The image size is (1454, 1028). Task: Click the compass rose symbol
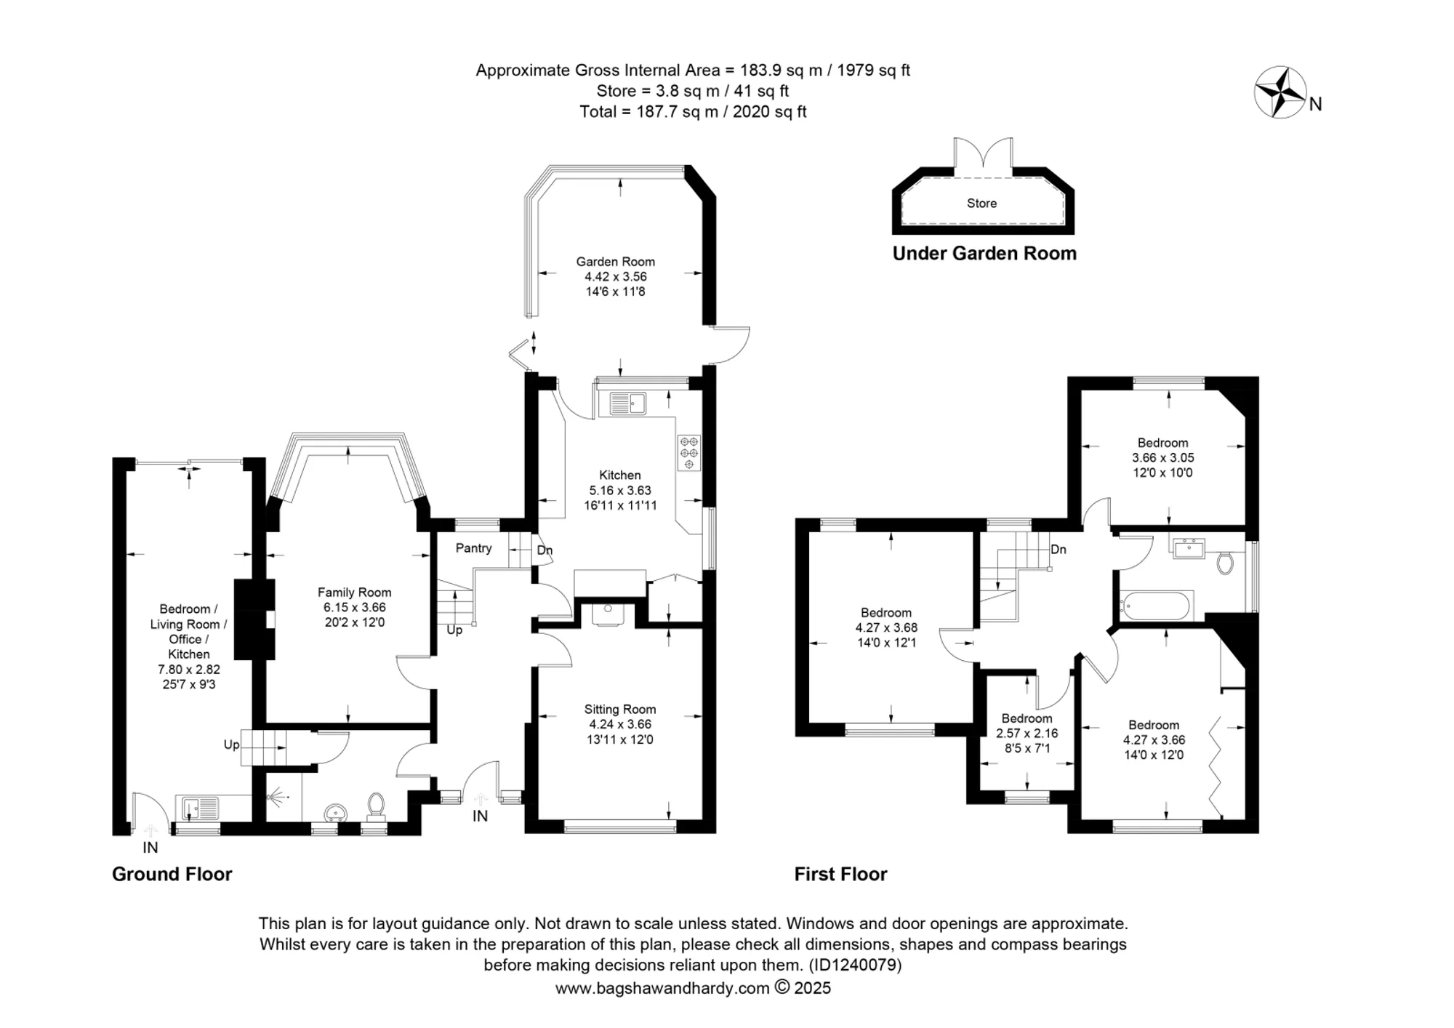[1280, 92]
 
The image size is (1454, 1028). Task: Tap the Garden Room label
[616, 262]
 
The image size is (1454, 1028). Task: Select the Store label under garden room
[981, 204]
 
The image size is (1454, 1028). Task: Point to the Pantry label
[474, 548]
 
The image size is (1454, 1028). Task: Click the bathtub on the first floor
[1156, 605]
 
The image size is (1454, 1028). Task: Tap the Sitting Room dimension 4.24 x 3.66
[620, 724]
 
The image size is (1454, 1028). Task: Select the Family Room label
[355, 593]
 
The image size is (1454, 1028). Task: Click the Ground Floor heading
[172, 874]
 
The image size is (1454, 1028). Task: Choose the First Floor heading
[840, 874]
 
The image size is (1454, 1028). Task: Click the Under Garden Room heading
[984, 254]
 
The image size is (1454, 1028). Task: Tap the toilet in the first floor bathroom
[1225, 563]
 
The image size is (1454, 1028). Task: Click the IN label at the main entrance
[480, 816]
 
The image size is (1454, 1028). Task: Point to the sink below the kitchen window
[627, 403]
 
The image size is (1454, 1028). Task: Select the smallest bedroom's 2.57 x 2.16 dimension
[1027, 734]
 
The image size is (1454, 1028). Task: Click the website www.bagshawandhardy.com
[662, 988]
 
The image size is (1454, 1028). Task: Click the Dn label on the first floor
[1059, 550]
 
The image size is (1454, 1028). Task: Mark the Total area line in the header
[693, 112]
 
